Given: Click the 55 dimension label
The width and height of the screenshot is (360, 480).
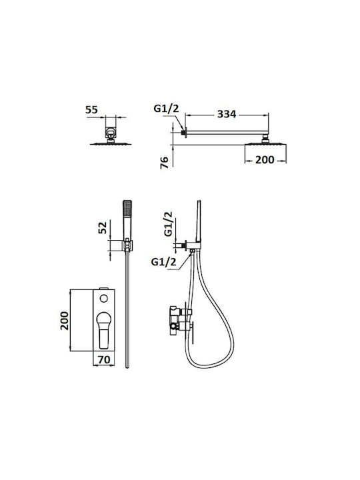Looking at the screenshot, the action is point(91,109).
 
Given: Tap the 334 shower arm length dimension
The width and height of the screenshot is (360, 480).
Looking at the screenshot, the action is point(227,114).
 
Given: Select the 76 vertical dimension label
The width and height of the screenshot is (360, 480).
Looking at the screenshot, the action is point(165,162).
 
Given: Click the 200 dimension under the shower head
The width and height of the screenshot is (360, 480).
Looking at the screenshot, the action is point(265,159).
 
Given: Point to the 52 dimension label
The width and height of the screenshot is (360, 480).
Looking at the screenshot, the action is point(103,227).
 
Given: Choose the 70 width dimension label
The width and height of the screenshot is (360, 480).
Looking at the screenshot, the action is point(104,359).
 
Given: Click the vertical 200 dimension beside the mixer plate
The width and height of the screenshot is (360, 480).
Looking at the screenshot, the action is point(65,321).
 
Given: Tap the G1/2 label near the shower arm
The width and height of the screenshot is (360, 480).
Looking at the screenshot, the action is point(166,109).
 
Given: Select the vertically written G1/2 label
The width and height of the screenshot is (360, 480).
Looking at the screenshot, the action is point(169,224).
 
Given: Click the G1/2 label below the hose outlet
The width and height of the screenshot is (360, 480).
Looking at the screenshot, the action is point(164,262).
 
